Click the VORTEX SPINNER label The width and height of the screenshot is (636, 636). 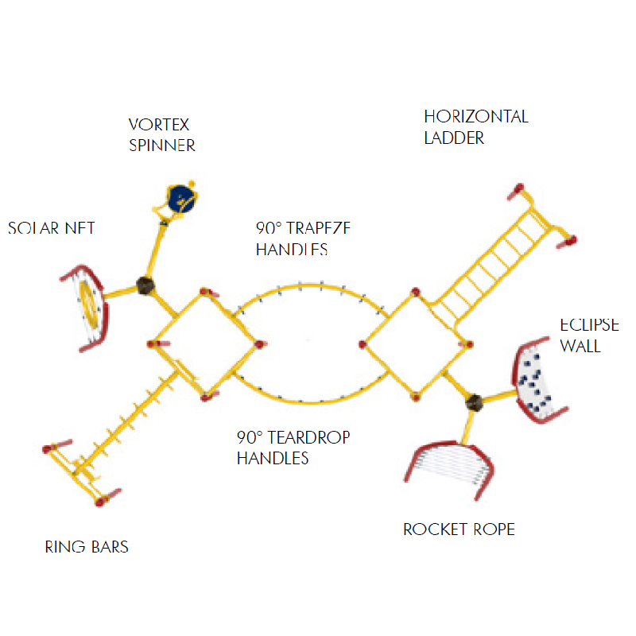click(162, 135)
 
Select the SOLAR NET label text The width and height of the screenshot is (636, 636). click(52, 228)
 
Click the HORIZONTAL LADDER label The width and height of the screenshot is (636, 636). click(475, 127)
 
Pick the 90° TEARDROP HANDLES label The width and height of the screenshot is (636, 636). click(293, 448)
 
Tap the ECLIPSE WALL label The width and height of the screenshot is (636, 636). click(589, 335)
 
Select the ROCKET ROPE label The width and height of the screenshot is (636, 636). click(459, 529)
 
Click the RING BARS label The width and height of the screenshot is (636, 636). click(87, 547)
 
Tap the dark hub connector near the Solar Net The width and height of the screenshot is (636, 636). click(145, 285)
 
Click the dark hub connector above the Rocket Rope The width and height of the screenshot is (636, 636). click(475, 402)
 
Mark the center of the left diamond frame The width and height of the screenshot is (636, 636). click(204, 344)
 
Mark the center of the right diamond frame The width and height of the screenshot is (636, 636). click(416, 344)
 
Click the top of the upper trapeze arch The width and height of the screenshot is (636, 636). click(309, 285)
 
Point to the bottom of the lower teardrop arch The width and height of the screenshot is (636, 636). click(309, 403)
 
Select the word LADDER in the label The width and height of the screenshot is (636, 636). click(454, 138)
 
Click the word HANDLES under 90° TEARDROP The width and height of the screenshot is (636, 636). click(273, 458)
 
